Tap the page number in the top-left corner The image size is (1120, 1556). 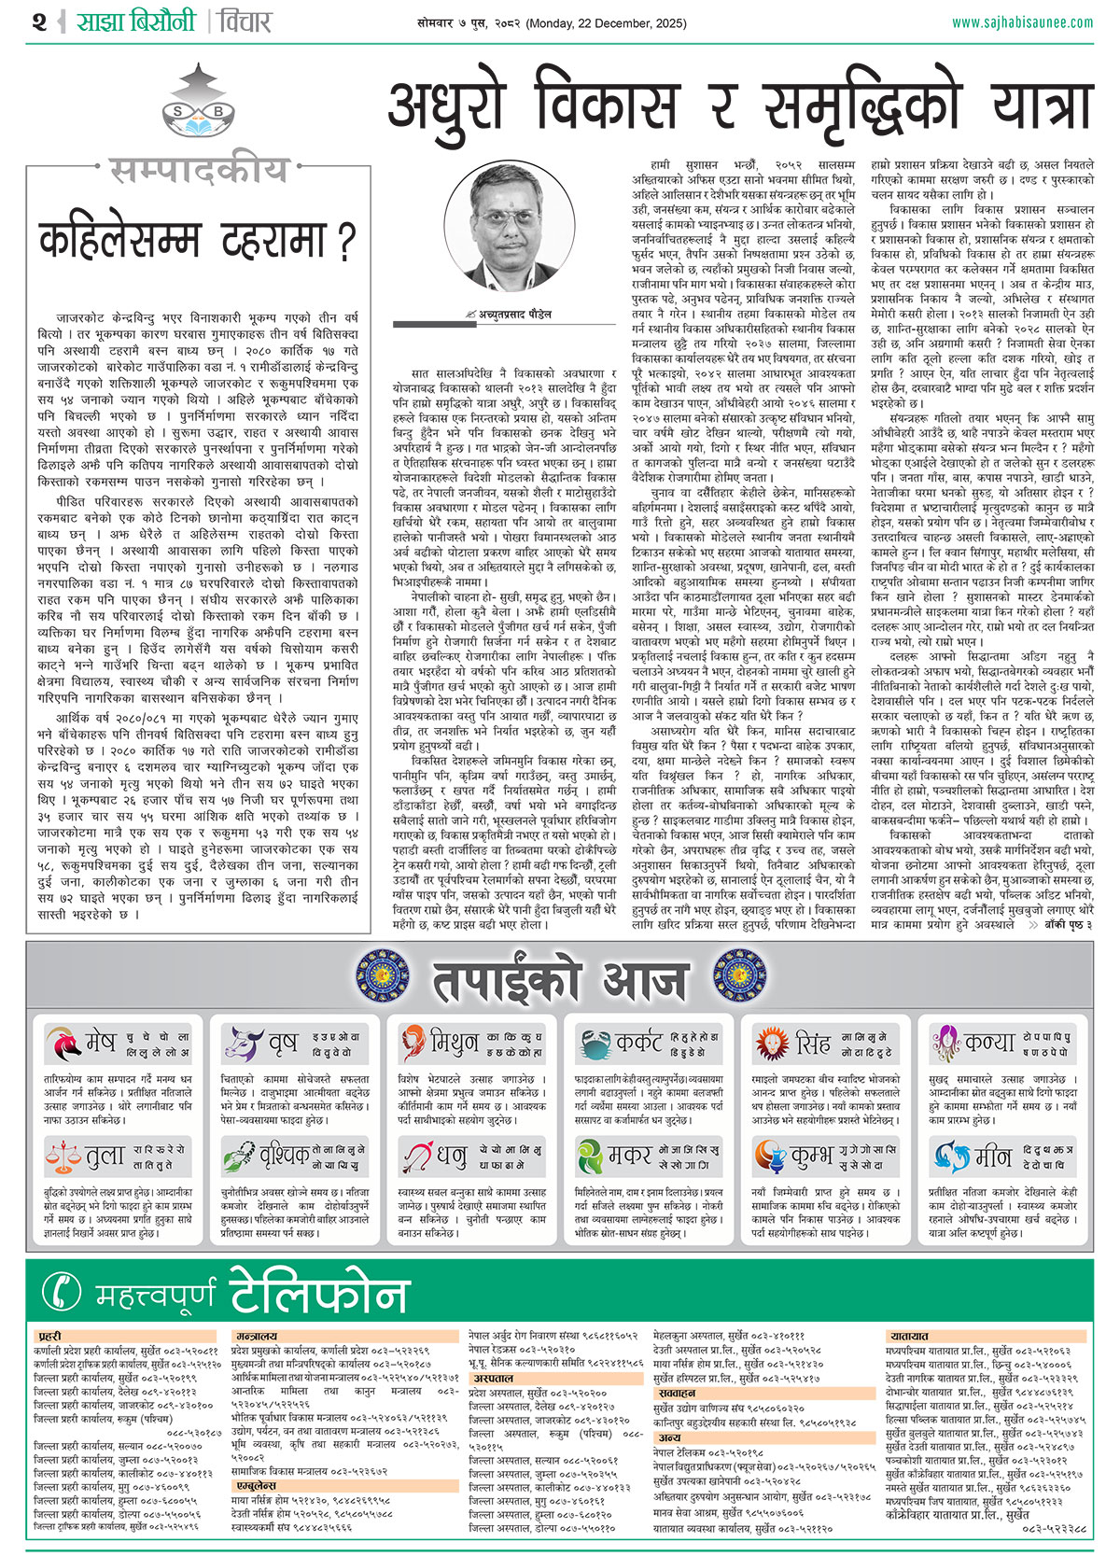click(38, 21)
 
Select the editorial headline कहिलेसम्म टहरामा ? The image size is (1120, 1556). click(197, 240)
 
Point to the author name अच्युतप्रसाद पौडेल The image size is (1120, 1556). click(515, 315)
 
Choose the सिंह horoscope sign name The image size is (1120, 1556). click(812, 1044)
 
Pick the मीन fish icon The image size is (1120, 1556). click(951, 1156)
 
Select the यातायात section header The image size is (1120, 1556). click(908, 1337)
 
